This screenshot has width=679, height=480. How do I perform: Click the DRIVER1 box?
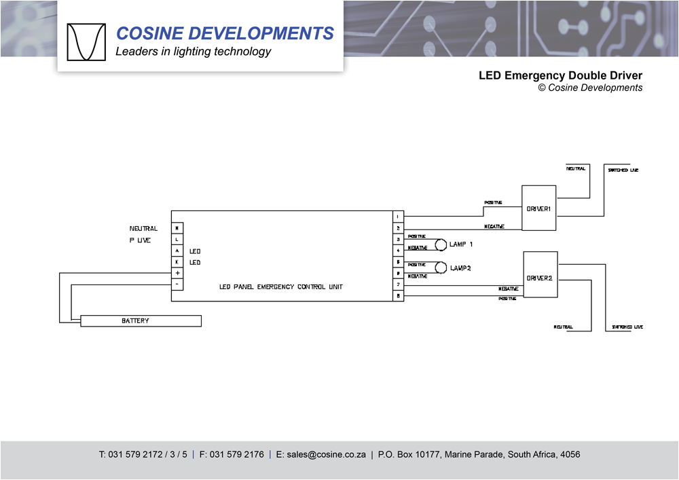[x=538, y=208]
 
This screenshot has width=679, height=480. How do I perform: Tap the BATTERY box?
[x=141, y=320]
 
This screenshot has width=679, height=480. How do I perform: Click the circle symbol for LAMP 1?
[x=441, y=244]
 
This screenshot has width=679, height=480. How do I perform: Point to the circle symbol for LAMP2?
[x=441, y=267]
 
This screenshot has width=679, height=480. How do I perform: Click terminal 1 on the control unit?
[x=399, y=217]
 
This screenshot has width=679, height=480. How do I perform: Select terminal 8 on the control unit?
[x=399, y=296]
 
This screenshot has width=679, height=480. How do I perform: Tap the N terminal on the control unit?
[x=177, y=228]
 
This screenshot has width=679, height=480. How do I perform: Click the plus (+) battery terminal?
[x=177, y=272]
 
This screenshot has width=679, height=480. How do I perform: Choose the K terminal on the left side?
[x=177, y=261]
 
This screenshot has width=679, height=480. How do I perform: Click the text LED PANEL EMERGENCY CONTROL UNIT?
[x=281, y=287]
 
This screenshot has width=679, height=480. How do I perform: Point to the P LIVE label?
[x=140, y=240]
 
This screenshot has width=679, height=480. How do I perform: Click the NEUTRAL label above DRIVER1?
[x=576, y=168]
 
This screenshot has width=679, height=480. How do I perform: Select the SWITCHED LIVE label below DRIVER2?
[x=627, y=327]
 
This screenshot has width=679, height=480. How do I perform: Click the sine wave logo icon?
[x=86, y=42]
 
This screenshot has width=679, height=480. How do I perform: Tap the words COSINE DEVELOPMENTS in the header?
[x=225, y=33]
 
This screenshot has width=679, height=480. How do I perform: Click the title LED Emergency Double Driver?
[x=560, y=75]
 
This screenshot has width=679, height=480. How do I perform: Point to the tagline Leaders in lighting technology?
[x=193, y=52]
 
